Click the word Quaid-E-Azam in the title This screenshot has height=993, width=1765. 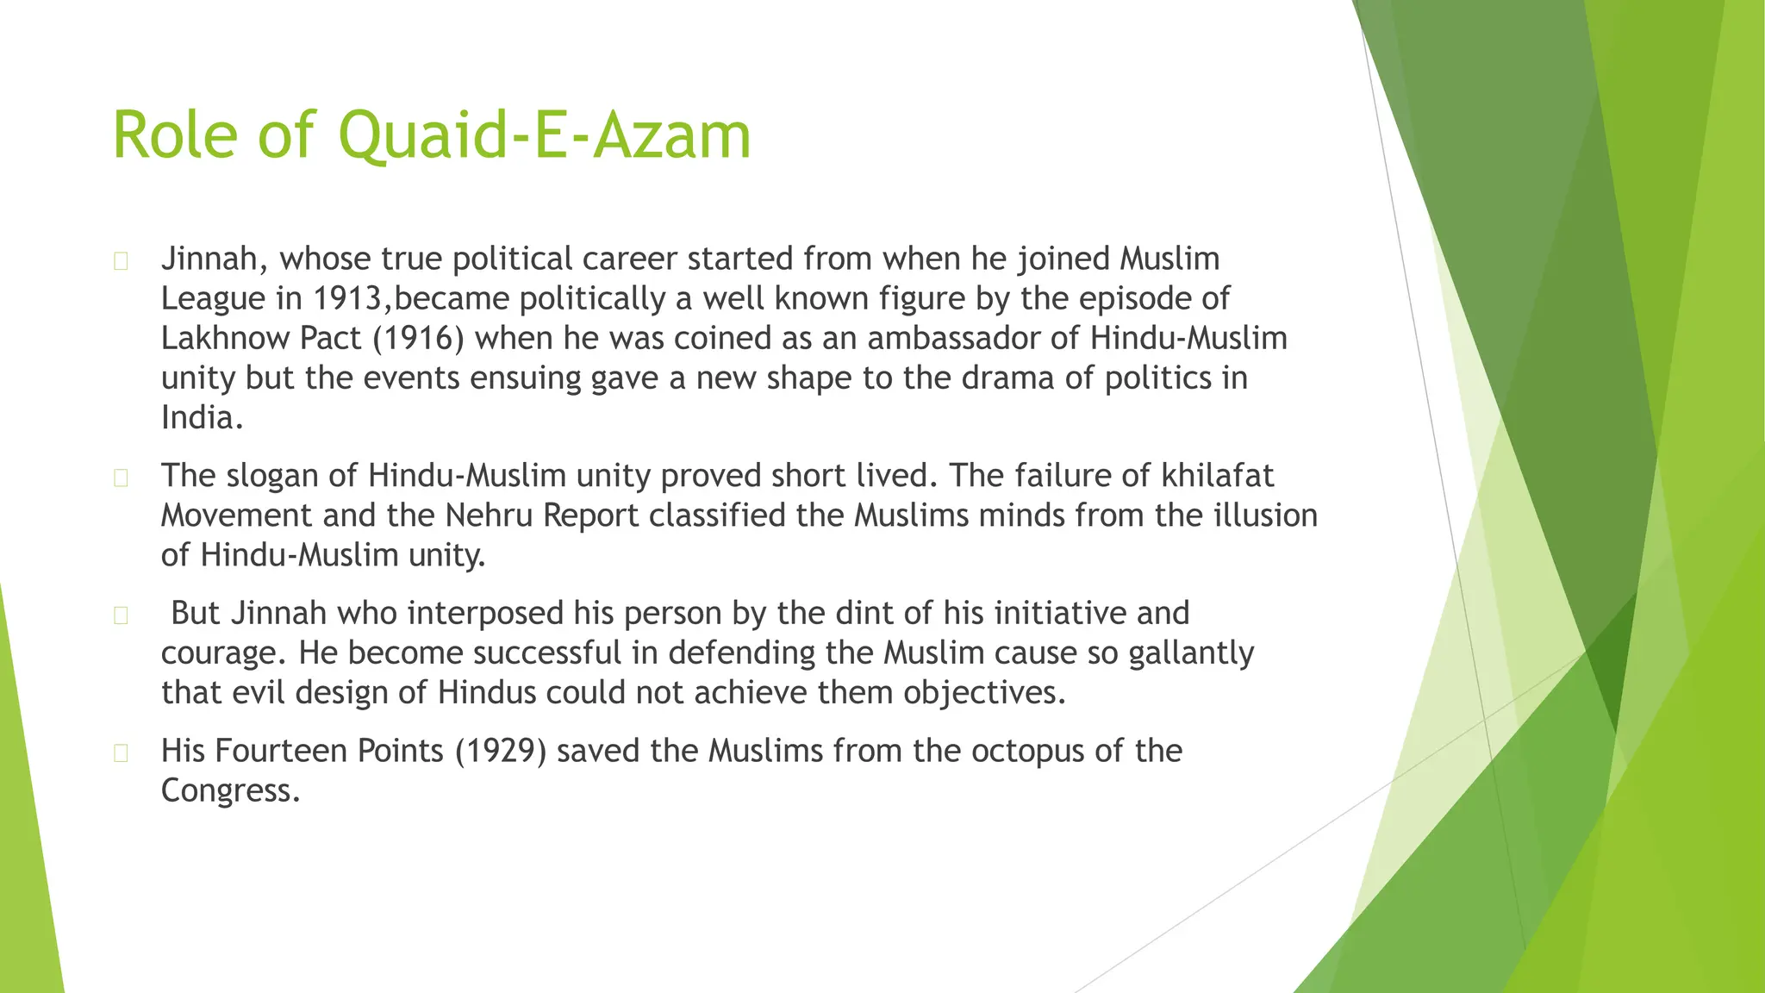545,136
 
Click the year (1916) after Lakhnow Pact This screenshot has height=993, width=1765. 419,338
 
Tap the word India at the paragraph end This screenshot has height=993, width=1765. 197,417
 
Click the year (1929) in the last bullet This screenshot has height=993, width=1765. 501,751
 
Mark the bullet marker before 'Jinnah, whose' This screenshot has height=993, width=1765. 121,261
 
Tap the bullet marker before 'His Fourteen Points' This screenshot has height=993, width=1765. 121,753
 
